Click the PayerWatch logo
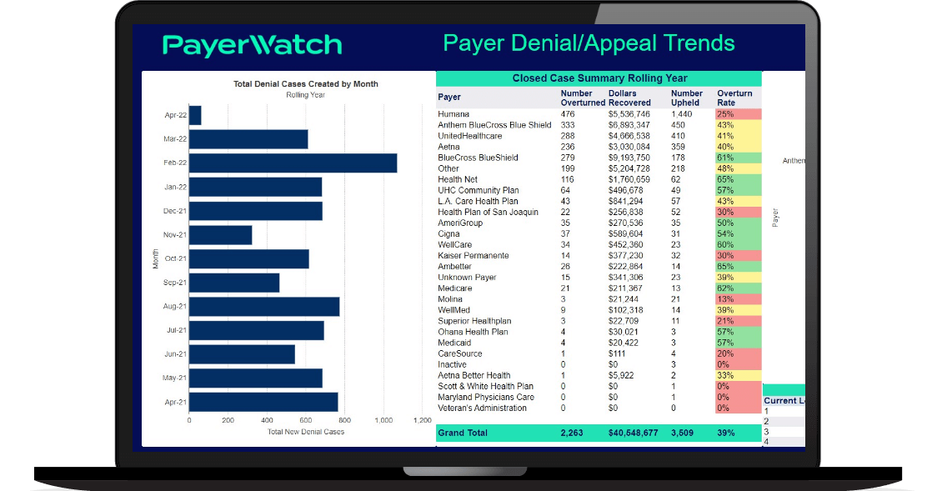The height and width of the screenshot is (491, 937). [252, 44]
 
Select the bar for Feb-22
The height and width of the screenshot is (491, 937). [293, 163]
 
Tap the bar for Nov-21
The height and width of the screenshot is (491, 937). [220, 235]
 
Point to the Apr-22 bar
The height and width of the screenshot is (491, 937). [195, 115]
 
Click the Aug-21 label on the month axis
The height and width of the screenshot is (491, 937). [174, 307]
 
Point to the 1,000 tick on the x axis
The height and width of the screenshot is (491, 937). [383, 420]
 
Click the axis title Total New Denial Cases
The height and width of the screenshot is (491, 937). [305, 432]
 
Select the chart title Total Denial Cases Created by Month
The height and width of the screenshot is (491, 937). [305, 84]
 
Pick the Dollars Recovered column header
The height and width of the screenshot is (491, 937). [629, 98]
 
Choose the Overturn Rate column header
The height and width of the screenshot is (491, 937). [734, 98]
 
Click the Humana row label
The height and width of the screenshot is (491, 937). [453, 114]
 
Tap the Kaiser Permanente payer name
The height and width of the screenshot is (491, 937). [474, 256]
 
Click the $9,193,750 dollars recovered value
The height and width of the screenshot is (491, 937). [629, 158]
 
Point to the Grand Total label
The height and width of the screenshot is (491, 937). [463, 433]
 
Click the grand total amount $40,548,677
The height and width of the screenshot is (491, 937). [633, 433]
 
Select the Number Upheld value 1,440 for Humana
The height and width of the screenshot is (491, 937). [682, 114]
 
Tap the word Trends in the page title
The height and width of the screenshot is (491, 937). [696, 43]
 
